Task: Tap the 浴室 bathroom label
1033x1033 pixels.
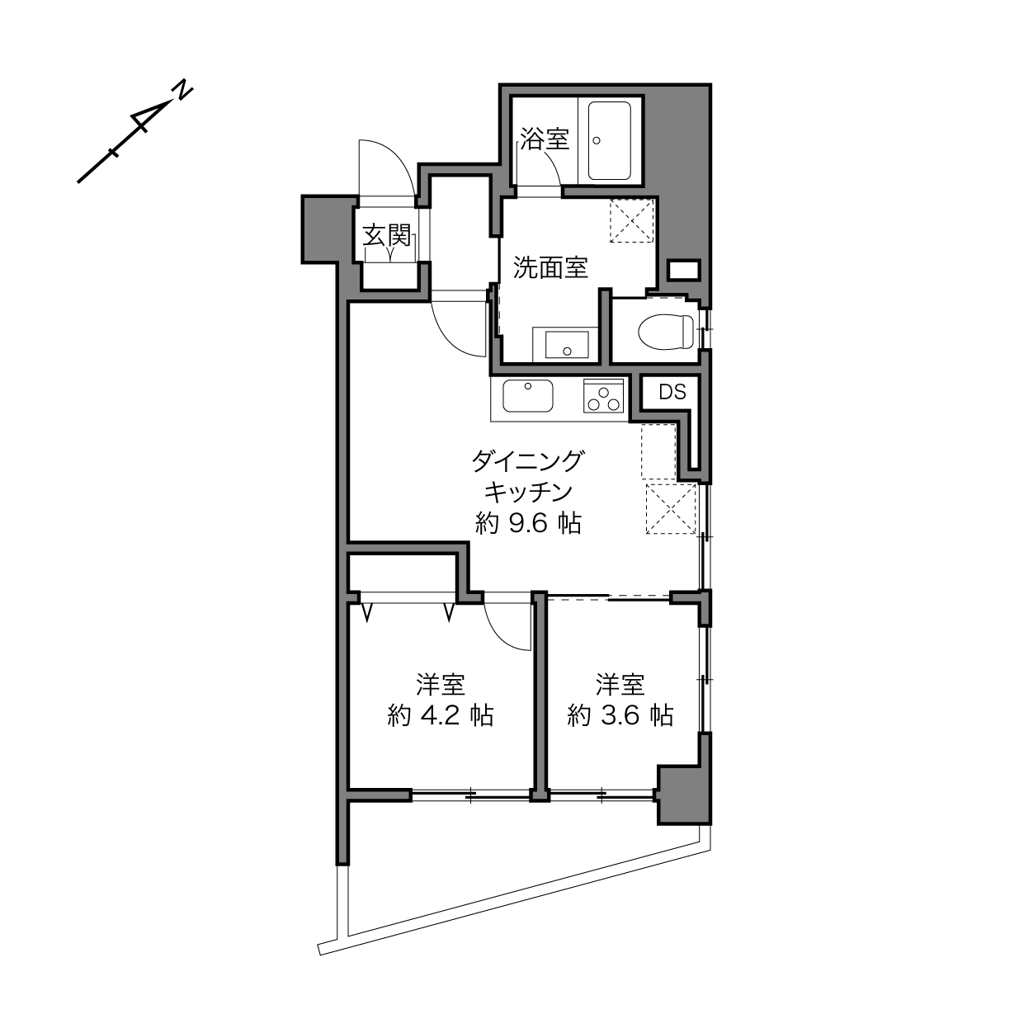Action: click(544, 139)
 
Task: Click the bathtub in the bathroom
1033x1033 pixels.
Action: click(610, 140)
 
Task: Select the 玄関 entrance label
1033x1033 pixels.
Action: click(387, 235)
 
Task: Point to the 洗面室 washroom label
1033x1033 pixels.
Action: click(550, 267)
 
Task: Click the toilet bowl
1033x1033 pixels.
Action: click(665, 332)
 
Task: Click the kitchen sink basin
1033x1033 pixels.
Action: click(528, 396)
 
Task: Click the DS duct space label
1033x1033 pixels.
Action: click(672, 393)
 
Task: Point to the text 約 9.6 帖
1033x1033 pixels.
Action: click(528, 523)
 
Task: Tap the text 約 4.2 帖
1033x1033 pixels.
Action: click(440, 715)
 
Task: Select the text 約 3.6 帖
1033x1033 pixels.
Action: click(620, 715)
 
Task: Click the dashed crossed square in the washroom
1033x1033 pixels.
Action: click(632, 221)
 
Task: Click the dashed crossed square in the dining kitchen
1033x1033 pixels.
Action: click(671, 509)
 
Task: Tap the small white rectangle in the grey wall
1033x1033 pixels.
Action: click(684, 270)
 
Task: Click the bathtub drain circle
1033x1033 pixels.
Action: click(596, 141)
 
